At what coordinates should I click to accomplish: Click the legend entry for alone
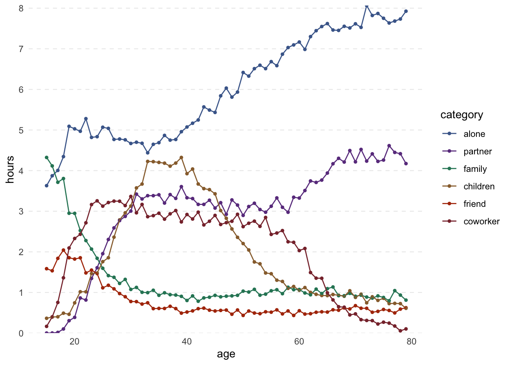coord(474,134)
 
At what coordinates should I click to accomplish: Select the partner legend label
coord(478,151)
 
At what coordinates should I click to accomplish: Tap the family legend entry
coord(475,169)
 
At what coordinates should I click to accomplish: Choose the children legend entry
coord(479,186)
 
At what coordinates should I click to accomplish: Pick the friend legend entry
coord(474,204)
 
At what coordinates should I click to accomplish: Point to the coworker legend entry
coord(481,221)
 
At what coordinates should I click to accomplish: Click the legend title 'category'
coord(462,115)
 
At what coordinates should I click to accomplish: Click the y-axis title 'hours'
coord(10,170)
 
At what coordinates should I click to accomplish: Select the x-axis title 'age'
coord(226,354)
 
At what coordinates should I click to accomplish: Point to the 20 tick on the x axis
coord(75,341)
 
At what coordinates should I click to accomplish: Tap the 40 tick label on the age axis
coord(187,341)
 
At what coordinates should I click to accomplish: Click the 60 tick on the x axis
coord(299,341)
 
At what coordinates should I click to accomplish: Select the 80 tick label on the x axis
coord(411,341)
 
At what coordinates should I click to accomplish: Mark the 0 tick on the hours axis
coord(21,333)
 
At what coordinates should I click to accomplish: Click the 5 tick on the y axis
coord(21,130)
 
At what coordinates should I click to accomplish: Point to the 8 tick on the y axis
coord(21,8)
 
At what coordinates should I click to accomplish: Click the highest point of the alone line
coord(367,6)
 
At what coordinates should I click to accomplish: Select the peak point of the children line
coord(181,157)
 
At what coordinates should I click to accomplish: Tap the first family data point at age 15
coord(46,157)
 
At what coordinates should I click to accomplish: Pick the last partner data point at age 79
coord(406,163)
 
